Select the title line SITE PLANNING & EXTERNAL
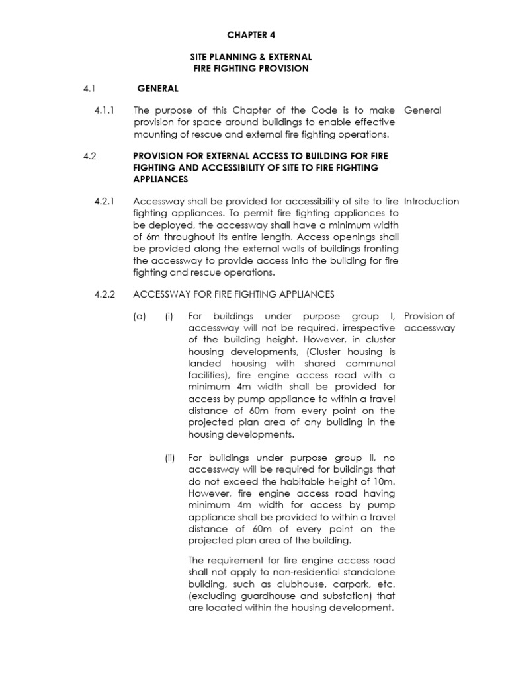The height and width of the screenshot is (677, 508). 251,57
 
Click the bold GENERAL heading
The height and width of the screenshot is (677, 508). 157,87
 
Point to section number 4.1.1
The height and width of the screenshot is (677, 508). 105,110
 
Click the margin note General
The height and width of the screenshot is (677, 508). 422,110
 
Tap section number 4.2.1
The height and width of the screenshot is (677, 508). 105,202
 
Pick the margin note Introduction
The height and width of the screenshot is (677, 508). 431,202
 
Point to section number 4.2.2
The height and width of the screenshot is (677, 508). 105,294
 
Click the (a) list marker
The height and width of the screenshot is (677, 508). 138,317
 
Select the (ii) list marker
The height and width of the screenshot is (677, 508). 169,458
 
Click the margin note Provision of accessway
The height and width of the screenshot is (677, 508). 429,322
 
